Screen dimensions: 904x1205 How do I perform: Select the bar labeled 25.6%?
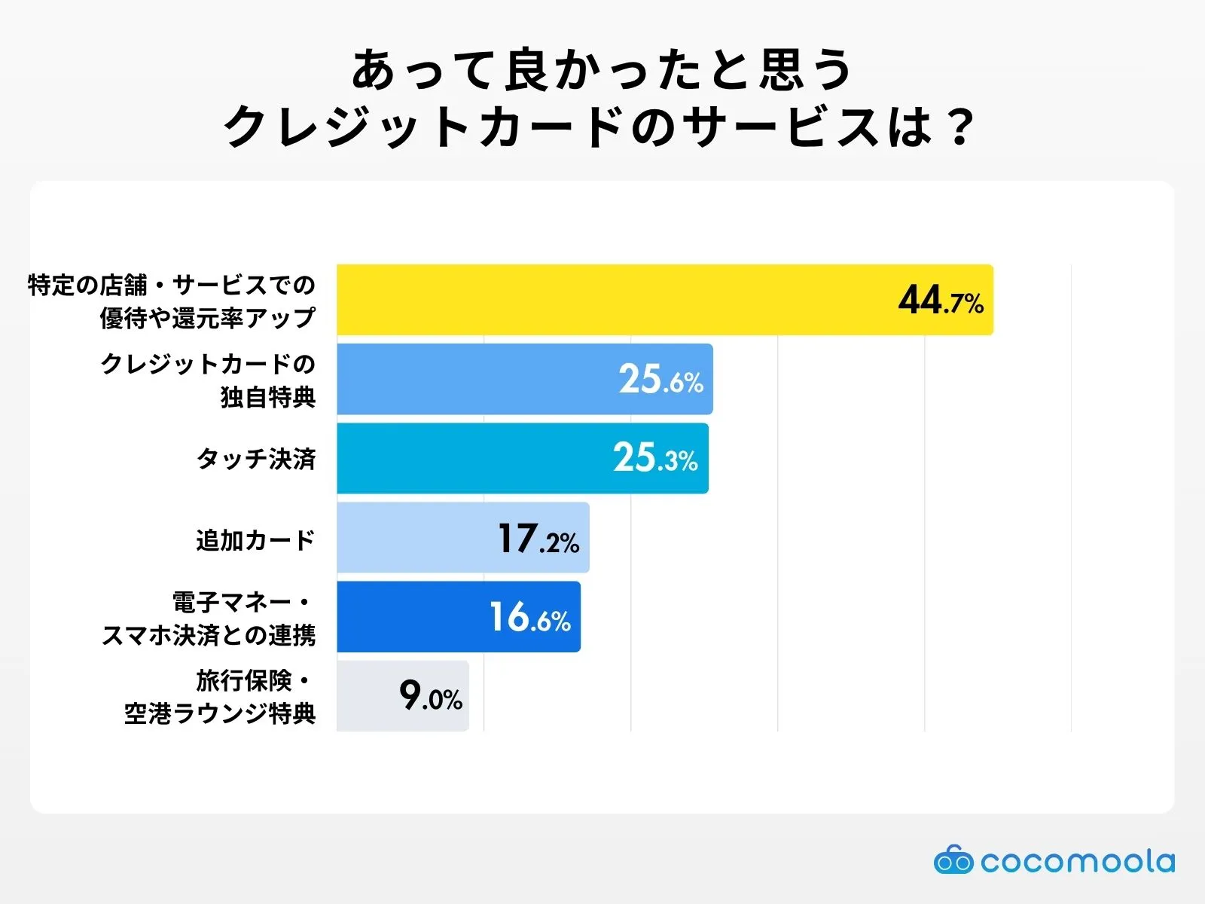[474, 379]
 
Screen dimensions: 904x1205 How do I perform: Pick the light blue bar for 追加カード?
[414, 538]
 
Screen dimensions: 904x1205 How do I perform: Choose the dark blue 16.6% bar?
[407, 617]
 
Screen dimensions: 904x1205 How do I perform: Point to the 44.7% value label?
[941, 301]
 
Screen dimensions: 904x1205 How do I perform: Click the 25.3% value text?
[655, 458]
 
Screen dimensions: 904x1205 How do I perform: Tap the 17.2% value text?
[538, 539]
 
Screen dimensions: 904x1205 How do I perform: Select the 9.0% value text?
[431, 695]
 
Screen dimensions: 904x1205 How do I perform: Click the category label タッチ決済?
[256, 459]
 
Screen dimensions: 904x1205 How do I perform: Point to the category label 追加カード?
[255, 540]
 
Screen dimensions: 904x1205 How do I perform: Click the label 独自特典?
[268, 397]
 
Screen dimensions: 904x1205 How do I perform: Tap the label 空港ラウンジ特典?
[220, 713]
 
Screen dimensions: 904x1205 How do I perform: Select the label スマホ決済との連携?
[209, 635]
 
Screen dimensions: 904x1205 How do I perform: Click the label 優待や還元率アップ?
[208, 318]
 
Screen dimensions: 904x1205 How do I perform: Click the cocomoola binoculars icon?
[953, 860]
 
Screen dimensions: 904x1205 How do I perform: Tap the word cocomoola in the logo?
[1077, 861]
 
